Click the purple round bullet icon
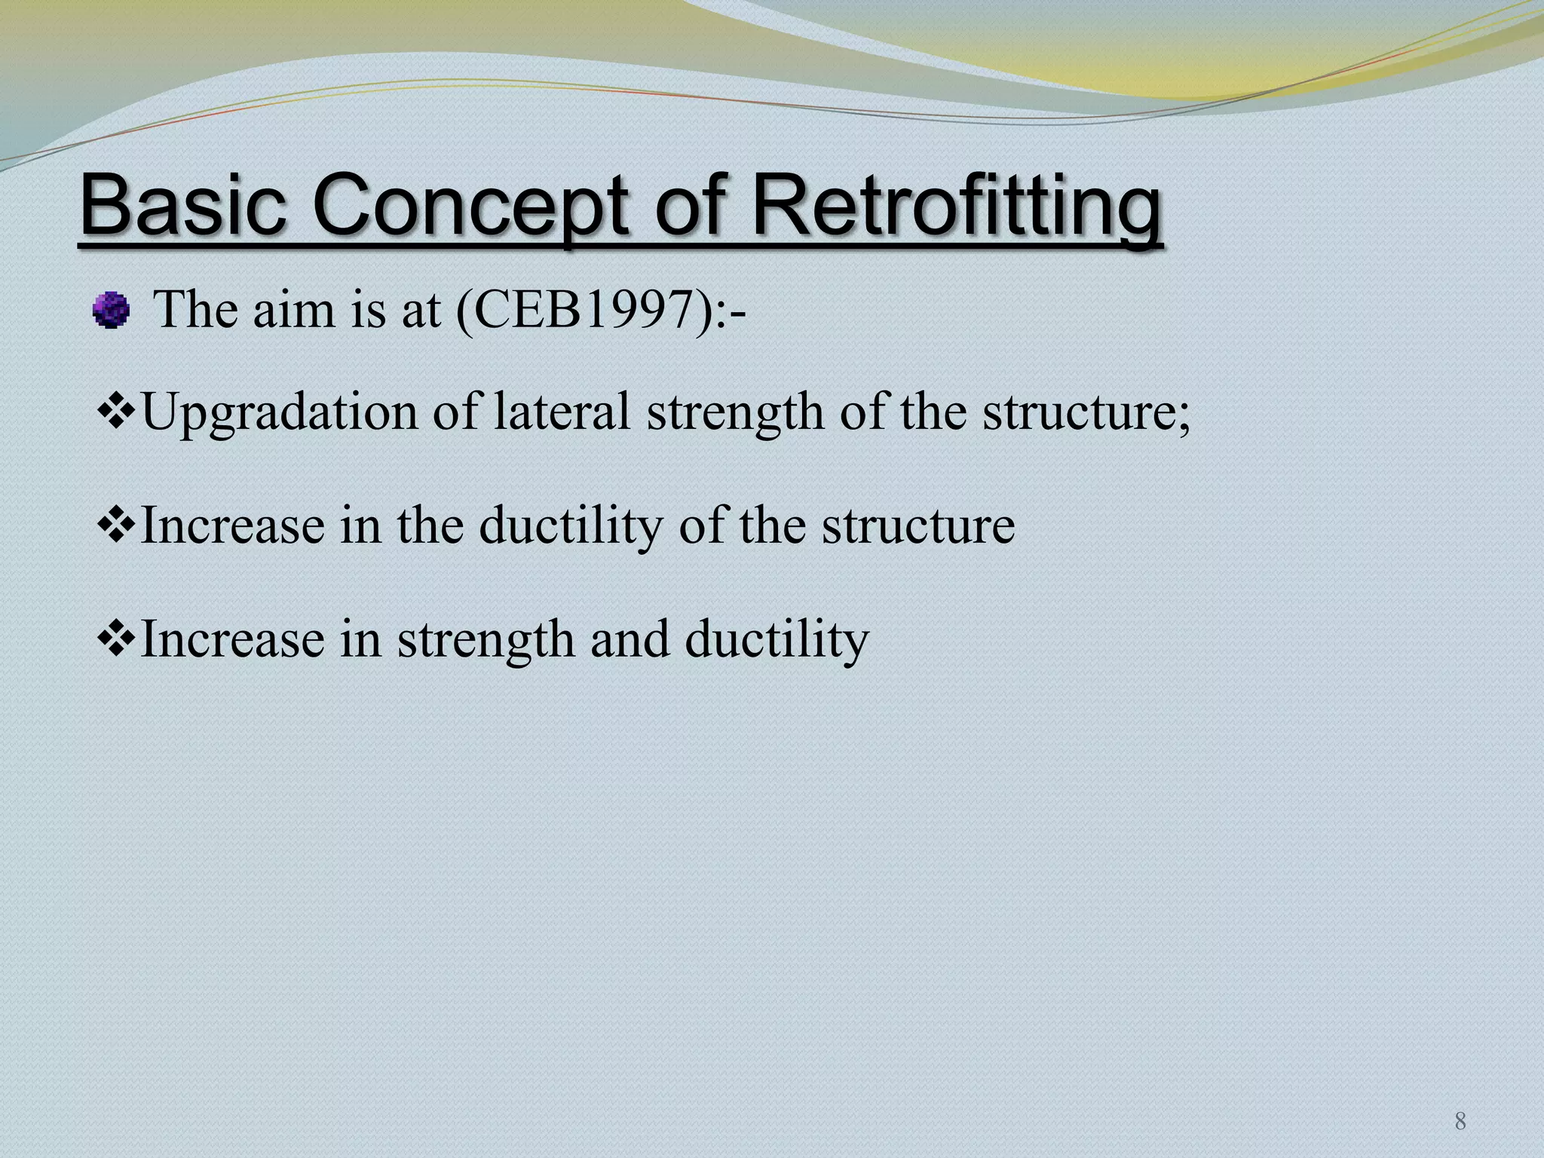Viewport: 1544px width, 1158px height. (x=112, y=310)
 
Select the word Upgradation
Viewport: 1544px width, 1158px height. (x=279, y=414)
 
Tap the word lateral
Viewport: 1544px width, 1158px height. (x=561, y=412)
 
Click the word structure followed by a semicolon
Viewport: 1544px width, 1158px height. (x=1086, y=412)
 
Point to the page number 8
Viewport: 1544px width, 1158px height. (x=1460, y=1122)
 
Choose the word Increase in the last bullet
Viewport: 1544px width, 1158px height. (x=232, y=639)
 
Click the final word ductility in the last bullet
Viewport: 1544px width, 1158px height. (x=777, y=640)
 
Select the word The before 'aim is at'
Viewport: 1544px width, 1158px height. (x=198, y=309)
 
